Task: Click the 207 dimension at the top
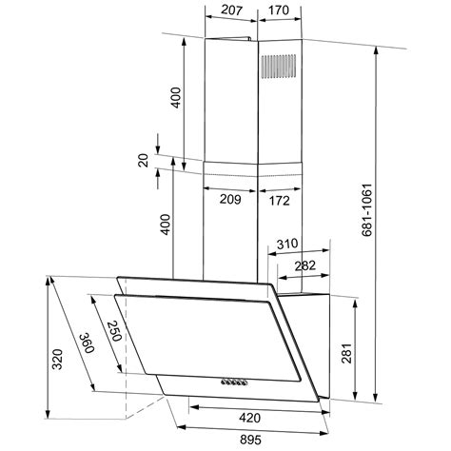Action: pyautogui.click(x=231, y=10)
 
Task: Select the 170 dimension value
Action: pyautogui.click(x=279, y=10)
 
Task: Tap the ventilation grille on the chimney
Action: pyautogui.click(x=279, y=67)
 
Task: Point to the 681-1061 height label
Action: pyautogui.click(x=366, y=209)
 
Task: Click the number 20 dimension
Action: pyautogui.click(x=144, y=160)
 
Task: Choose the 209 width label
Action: pyautogui.click(x=230, y=199)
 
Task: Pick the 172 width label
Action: pyautogui.click(x=279, y=201)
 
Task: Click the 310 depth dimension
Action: pyautogui.click(x=287, y=244)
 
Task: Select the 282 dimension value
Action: pyautogui.click(x=305, y=265)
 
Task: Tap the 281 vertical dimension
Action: pyautogui.click(x=346, y=353)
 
